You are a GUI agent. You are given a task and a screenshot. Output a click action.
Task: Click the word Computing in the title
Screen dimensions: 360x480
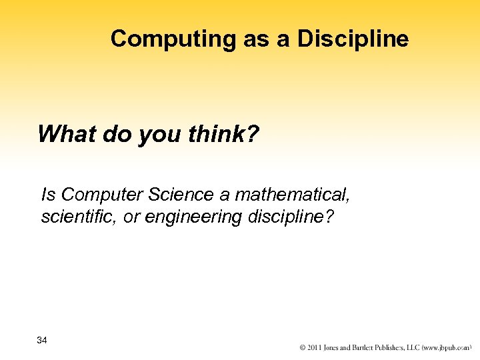pos(172,39)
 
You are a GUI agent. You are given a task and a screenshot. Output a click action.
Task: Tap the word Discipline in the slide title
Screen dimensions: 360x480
pos(353,39)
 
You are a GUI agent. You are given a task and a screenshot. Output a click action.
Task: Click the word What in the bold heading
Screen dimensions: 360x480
pos(63,135)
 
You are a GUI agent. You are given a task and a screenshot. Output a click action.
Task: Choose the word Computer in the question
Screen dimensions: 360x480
pos(102,195)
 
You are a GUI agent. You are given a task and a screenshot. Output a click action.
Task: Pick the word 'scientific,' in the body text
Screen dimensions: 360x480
pos(74,217)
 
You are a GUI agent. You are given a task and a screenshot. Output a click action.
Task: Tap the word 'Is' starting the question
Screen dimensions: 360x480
pos(48,195)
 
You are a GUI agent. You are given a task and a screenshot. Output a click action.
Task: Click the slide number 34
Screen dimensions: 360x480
pos(42,341)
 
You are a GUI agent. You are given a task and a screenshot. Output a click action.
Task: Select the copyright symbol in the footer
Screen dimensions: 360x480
pos(303,348)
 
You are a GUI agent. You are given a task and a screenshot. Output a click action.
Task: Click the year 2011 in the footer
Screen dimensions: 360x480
pos(314,348)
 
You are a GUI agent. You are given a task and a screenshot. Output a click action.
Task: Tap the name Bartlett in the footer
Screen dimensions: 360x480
pos(356,348)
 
